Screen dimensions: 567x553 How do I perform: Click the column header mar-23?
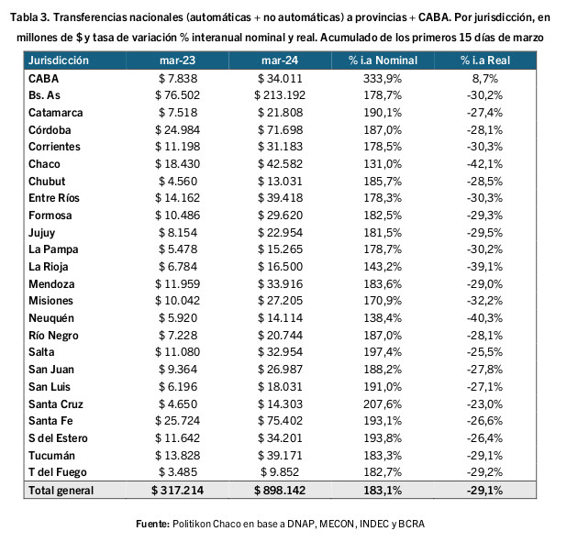(178, 61)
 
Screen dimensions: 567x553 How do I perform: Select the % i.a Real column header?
(485, 61)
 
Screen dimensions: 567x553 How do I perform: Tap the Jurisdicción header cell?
(58, 61)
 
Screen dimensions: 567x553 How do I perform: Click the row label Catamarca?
(55, 113)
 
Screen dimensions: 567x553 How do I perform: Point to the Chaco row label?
(44, 164)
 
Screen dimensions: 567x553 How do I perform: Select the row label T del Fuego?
(58, 472)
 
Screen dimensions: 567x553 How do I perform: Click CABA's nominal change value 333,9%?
(383, 79)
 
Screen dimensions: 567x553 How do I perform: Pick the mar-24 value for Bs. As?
(280, 95)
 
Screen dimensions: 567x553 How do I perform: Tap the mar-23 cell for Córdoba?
(178, 130)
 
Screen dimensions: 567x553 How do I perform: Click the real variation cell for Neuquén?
(484, 318)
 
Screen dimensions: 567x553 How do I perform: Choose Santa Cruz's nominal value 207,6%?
(383, 404)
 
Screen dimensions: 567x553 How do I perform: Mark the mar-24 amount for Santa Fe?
(280, 421)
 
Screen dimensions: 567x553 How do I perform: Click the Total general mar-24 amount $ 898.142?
(280, 491)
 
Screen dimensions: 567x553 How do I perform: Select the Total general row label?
(61, 491)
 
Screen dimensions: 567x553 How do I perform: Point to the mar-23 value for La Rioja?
(178, 267)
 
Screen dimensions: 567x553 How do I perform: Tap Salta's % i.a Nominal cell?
(383, 352)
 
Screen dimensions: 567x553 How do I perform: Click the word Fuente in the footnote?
(152, 524)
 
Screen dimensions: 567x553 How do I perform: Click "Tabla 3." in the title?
(30, 17)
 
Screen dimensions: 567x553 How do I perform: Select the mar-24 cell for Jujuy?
(280, 233)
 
